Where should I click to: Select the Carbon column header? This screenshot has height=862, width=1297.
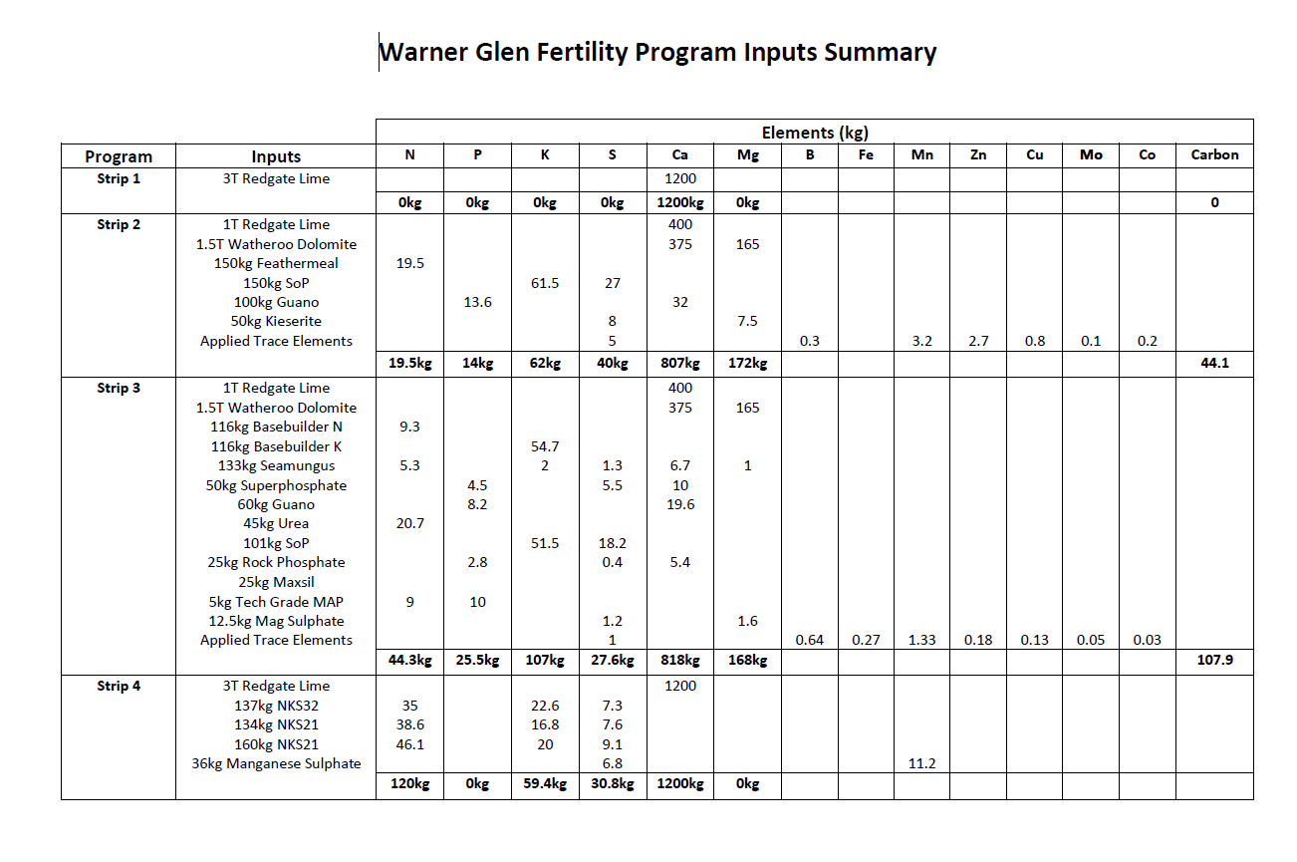pos(1214,155)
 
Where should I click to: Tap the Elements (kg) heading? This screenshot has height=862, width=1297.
pos(815,133)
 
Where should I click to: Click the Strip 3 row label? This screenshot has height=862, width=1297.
pos(119,388)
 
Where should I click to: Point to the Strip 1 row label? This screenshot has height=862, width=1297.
pos(119,178)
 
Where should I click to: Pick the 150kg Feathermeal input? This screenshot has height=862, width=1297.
pos(276,263)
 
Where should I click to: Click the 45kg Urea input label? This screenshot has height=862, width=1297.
pos(276,523)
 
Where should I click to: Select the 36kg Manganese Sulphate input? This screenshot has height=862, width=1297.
pos(276,763)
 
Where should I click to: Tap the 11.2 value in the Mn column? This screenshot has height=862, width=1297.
pos(921,763)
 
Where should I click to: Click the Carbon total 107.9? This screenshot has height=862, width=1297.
pos(1214,660)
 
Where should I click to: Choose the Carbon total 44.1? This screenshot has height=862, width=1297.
pos(1214,363)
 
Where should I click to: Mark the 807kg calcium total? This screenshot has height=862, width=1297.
pos(679,363)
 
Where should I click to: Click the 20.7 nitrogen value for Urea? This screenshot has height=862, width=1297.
pos(409,523)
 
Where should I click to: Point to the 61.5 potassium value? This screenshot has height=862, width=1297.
pos(545,283)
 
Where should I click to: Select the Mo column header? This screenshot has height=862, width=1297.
pos(1091,155)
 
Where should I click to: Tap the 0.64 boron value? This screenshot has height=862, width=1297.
pos(809,640)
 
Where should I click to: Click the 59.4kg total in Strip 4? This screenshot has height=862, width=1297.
pos(545,784)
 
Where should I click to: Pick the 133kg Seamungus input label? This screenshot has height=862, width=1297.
pos(276,465)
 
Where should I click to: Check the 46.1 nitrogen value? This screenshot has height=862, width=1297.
pos(409,744)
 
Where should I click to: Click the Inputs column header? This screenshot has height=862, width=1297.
pos(276,156)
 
